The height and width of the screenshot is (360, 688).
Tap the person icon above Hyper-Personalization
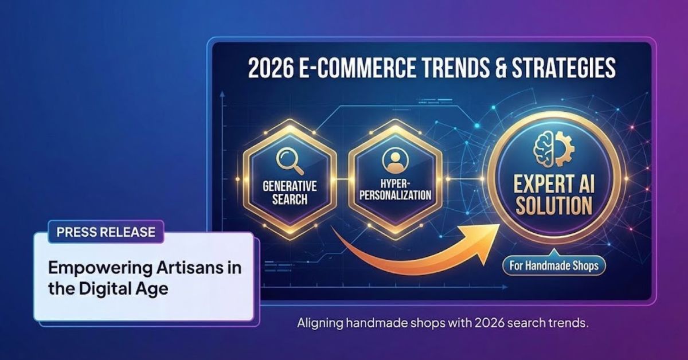[395, 161]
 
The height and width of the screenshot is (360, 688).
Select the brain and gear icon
[554, 148]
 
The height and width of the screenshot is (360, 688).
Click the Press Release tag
[106, 232]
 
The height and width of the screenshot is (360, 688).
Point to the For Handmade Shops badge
[554, 265]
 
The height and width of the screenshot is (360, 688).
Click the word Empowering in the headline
[100, 269]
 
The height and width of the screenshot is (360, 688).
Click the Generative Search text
[290, 193]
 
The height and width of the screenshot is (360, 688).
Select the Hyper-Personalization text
[395, 190]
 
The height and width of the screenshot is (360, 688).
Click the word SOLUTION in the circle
[554, 205]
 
